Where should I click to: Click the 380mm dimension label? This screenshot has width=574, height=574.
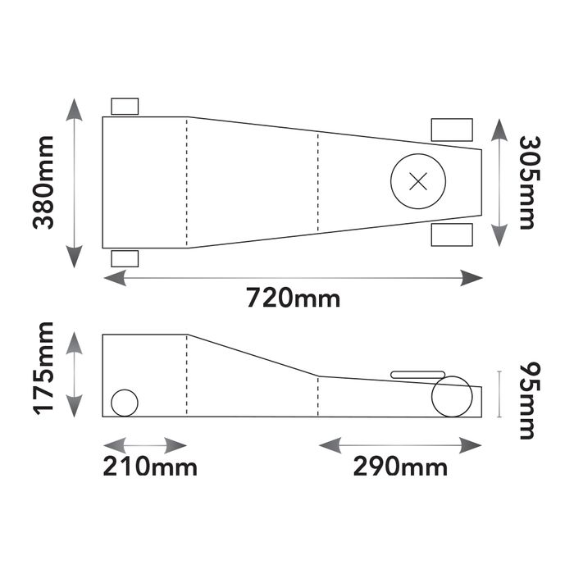(43, 183)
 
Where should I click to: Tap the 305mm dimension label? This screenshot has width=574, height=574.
(530, 183)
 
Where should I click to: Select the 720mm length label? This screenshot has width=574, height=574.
(294, 298)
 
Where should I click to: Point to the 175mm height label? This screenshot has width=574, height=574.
(43, 369)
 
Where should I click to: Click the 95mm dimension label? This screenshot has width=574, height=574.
(530, 401)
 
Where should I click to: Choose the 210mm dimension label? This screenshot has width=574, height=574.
(150, 467)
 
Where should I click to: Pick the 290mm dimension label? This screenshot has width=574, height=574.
(400, 467)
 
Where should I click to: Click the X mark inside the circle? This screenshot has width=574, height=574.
(418, 181)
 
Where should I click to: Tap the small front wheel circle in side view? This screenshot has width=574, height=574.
(125, 403)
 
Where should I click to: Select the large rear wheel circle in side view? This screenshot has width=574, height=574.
(452, 396)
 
